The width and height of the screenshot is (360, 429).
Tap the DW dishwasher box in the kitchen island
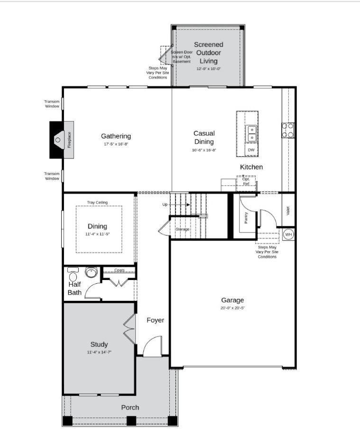pos(251,150)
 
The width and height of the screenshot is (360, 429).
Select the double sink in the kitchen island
pos(251,133)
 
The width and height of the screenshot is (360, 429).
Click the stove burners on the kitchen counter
pos(288,130)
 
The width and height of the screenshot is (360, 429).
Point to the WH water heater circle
pos(288,234)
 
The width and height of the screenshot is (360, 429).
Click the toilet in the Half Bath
pos(73,275)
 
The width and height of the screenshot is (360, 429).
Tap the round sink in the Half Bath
pos(91,272)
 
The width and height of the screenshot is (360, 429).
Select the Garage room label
pos(232,300)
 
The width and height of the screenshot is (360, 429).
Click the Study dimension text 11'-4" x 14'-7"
pos(99,353)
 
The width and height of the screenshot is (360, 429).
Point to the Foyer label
pos(155,320)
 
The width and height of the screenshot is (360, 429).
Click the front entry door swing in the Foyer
pos(153,347)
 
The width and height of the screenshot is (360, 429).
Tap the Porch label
pos(130,407)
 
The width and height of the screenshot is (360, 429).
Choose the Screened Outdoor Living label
pos(209,53)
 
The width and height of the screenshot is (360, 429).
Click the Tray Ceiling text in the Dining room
pos(97,203)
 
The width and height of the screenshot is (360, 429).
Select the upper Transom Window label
pos(52,104)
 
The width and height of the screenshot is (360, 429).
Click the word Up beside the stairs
pos(165,205)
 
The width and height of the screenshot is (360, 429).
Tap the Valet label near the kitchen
pos(288,210)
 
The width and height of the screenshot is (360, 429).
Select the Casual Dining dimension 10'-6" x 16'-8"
pos(204,150)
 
